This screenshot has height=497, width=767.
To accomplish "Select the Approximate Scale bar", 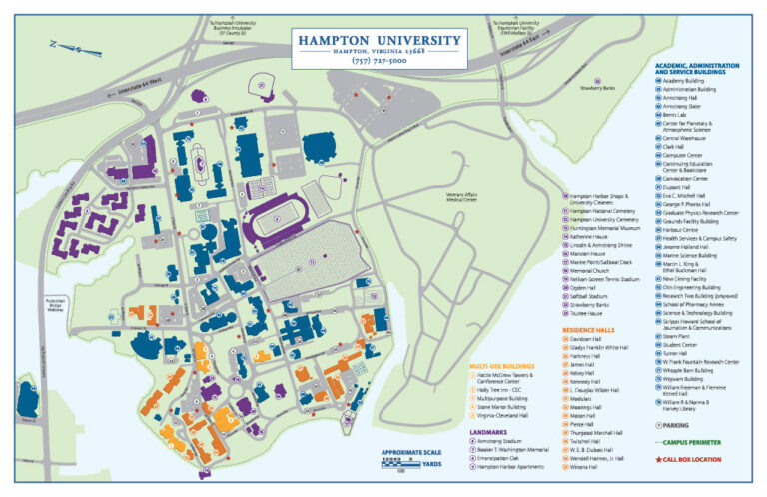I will click(411, 463).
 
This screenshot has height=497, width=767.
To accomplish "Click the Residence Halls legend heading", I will click(590, 329).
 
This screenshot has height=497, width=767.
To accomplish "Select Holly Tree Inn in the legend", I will click(509, 389).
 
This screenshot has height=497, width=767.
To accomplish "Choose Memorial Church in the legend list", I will click(590, 270).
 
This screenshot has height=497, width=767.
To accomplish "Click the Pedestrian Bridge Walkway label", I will click(56, 304).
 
